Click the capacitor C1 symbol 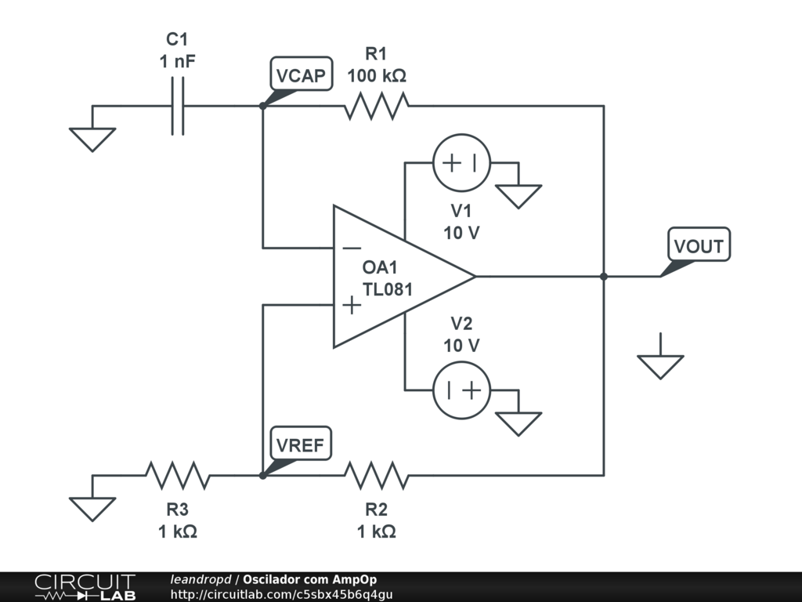click(x=179, y=106)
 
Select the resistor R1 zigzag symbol click(x=377, y=106)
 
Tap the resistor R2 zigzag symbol click(x=377, y=475)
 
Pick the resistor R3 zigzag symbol click(x=178, y=475)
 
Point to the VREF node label click(x=301, y=444)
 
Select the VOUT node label click(x=699, y=246)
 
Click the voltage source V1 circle click(x=461, y=163)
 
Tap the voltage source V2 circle click(x=461, y=390)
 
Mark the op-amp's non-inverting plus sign click(x=352, y=305)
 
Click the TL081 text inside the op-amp click(x=387, y=289)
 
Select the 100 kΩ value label click(x=377, y=77)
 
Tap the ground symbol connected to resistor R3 click(x=92, y=509)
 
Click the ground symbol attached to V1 click(x=518, y=195)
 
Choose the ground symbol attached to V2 click(x=518, y=423)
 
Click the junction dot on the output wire click(x=604, y=277)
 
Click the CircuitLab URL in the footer click(x=281, y=594)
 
